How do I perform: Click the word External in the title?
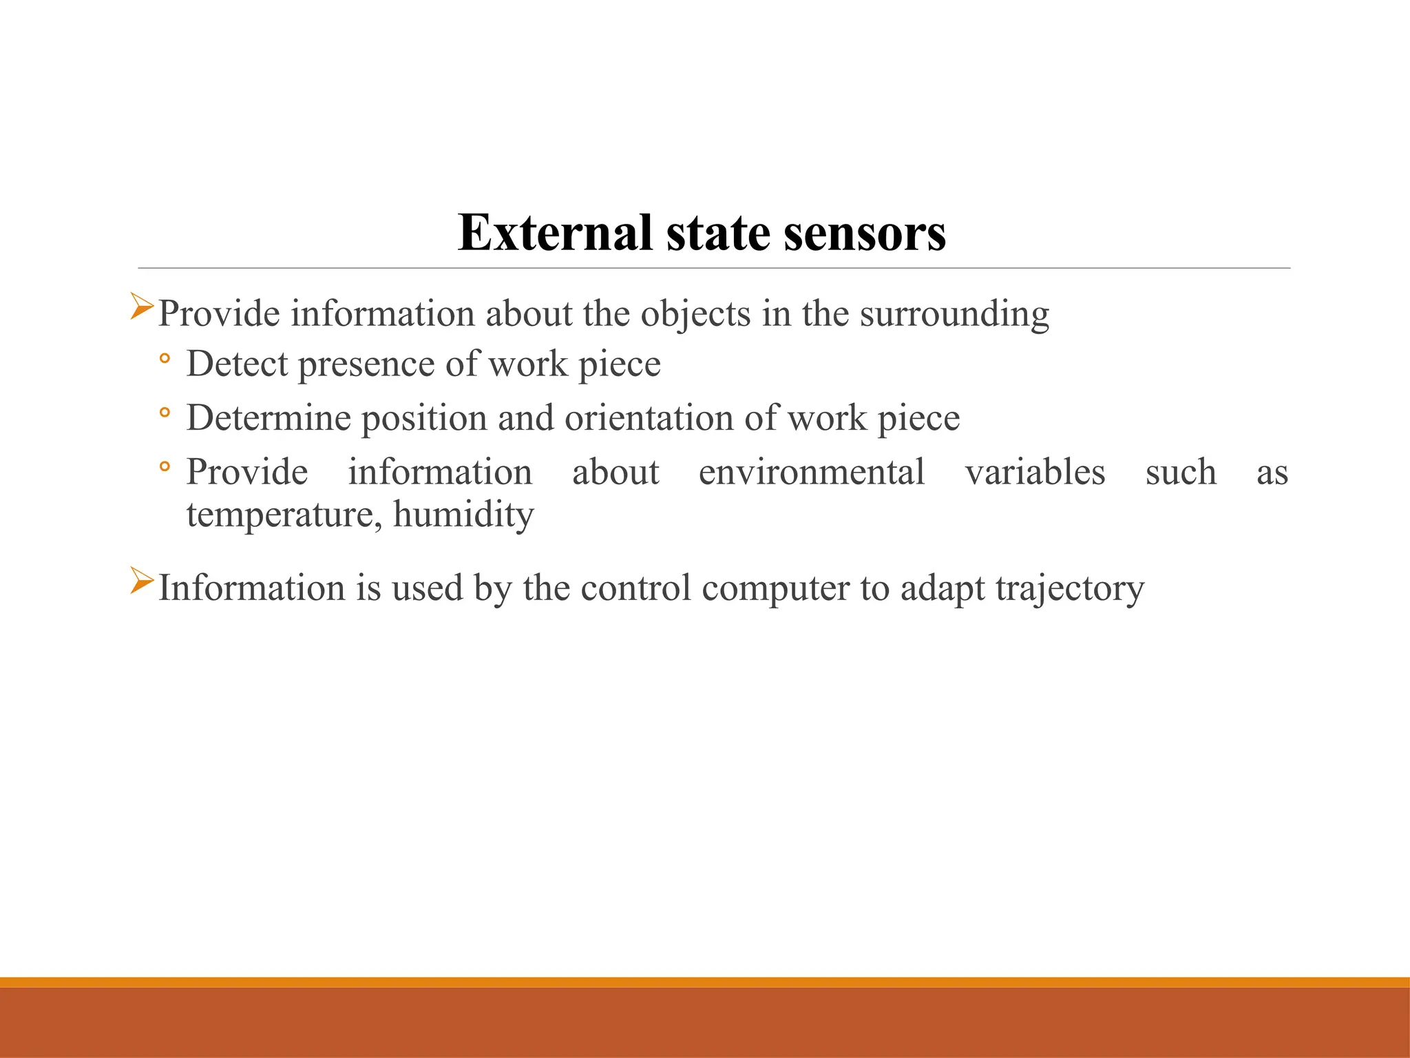pos(555,233)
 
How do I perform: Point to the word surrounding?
pos(954,314)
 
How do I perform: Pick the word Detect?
pos(237,364)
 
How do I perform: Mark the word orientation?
pos(649,418)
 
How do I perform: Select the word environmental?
pos(811,473)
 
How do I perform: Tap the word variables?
pos(1035,473)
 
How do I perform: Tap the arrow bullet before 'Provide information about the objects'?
pos(142,307)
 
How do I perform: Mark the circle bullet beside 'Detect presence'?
pos(164,358)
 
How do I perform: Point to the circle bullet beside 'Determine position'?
pos(164,413)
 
